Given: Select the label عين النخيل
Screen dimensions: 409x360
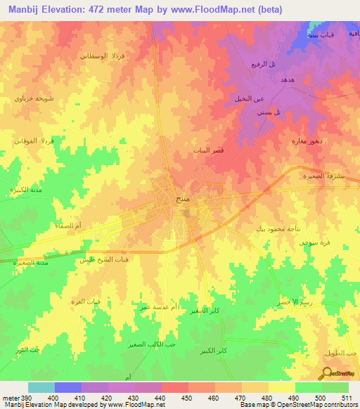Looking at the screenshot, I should [248, 98].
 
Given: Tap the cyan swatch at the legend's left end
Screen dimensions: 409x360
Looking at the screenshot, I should [41, 387].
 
